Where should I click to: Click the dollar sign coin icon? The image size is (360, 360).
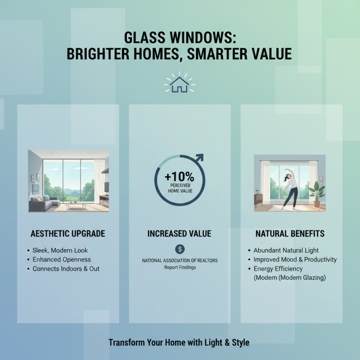(x=180, y=248)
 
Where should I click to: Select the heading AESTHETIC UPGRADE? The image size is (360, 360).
(x=68, y=234)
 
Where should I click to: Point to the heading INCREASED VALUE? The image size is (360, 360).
(x=179, y=234)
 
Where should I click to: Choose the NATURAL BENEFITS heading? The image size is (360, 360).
(x=290, y=234)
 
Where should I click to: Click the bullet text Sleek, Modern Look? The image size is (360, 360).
(x=60, y=250)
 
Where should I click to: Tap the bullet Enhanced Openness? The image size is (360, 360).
(x=62, y=260)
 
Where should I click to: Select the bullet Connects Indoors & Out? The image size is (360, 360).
(x=66, y=269)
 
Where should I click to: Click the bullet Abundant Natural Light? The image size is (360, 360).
(x=286, y=250)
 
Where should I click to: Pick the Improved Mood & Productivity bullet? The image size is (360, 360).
(x=295, y=260)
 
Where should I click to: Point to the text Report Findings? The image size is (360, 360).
(x=180, y=267)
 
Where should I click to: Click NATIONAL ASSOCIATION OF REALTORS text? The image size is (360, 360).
(x=180, y=261)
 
